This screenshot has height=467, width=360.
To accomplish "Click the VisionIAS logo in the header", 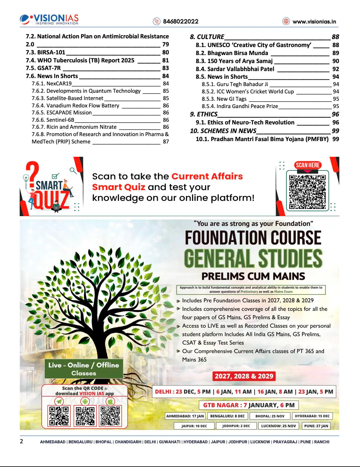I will tap(49, 19).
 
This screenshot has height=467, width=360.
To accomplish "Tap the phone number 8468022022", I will tap(180, 21).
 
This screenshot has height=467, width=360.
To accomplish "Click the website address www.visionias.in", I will tap(314, 22).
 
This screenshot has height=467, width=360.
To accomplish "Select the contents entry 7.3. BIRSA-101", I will tap(46, 52).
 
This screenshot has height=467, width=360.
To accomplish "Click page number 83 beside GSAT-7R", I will tap(165, 68).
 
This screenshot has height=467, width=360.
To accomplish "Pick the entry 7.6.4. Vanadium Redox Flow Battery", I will tap(75, 105).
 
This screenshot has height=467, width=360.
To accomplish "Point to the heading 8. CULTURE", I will tap(207, 37).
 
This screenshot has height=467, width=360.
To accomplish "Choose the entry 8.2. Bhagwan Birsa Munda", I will tap(232, 53).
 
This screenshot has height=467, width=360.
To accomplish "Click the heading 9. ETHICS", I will tap(204, 114).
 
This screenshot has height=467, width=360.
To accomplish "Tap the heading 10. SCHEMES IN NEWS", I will tap(223, 131).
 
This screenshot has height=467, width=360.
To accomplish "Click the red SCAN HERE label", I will tap(307, 165).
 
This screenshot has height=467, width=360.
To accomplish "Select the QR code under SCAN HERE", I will tap(307, 191).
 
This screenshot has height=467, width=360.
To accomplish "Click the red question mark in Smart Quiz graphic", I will tap(32, 173).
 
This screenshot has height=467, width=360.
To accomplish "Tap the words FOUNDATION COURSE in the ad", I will tap(253, 238).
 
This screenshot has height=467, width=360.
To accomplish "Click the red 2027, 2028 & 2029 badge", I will tap(244, 376).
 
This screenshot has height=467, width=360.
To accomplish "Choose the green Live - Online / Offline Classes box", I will tap(84, 369).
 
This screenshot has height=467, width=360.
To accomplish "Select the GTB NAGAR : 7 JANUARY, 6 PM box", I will tap(249, 405).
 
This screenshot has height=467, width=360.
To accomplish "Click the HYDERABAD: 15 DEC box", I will tap(312, 416).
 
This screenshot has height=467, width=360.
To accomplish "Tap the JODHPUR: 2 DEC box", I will tap(236, 426).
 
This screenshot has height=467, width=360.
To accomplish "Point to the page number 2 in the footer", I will tap(22, 441).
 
